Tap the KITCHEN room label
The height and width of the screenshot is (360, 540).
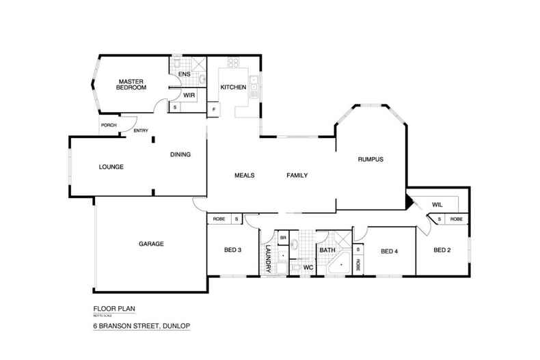[x=233, y=87]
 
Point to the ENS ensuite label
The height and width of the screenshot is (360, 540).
[x=184, y=74]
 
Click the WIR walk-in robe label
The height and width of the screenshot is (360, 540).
[x=189, y=95]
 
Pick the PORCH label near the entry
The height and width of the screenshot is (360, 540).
[x=108, y=126]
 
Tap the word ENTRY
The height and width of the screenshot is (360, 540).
[x=141, y=130]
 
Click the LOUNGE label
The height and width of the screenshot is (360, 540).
[x=111, y=166]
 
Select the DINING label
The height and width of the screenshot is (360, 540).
[x=180, y=154]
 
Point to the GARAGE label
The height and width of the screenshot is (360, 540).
[x=151, y=244]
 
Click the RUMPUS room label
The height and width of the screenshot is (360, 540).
[x=370, y=160]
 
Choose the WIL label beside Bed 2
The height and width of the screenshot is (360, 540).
[x=437, y=203]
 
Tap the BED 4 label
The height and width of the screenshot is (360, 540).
[x=389, y=251]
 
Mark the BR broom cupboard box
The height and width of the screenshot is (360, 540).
[x=283, y=238]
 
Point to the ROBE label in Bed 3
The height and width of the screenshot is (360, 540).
[x=219, y=219]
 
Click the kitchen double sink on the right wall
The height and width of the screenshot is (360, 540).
[x=254, y=84]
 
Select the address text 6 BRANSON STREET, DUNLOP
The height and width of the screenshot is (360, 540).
[x=141, y=327]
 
